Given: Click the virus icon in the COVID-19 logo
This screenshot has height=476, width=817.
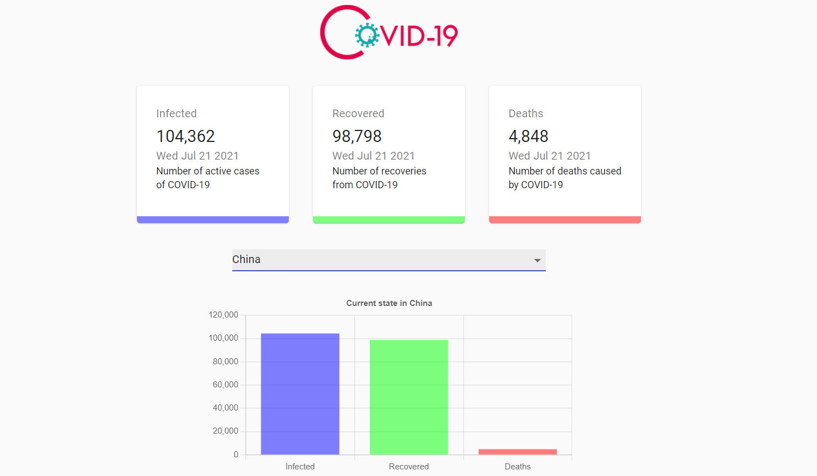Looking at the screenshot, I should (x=367, y=35).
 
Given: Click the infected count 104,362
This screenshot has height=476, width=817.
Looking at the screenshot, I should (x=185, y=136).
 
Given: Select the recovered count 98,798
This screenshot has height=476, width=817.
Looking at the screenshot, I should (x=357, y=136).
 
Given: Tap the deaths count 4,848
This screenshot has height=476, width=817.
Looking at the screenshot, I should (x=528, y=136).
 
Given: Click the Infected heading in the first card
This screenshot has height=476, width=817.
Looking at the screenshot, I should (x=176, y=113).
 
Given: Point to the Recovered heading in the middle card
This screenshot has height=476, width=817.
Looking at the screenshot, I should (x=358, y=113).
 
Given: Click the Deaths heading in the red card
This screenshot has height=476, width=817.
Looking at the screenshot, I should (x=525, y=113).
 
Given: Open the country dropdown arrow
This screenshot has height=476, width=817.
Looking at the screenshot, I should (x=537, y=260).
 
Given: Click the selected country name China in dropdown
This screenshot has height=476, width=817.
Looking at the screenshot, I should (x=246, y=259).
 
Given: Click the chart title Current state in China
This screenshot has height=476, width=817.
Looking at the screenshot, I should (x=389, y=303).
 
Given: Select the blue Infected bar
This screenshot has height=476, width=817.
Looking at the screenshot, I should (x=300, y=393).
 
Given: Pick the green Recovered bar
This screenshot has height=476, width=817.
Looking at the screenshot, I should (x=409, y=397).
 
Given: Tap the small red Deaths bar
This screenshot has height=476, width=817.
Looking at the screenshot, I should (x=517, y=452).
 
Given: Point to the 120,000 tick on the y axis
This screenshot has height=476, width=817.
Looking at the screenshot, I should (x=223, y=315).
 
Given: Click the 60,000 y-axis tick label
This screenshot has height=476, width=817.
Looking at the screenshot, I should (x=226, y=385).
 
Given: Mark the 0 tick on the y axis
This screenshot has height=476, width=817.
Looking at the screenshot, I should (x=236, y=455).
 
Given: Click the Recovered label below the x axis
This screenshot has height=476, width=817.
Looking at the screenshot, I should (x=408, y=467).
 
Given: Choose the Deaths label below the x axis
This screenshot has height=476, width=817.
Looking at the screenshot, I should (x=517, y=467).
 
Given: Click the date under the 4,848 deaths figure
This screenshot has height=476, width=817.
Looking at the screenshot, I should (x=549, y=156).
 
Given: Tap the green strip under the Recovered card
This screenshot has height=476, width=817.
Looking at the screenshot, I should (x=388, y=220).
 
